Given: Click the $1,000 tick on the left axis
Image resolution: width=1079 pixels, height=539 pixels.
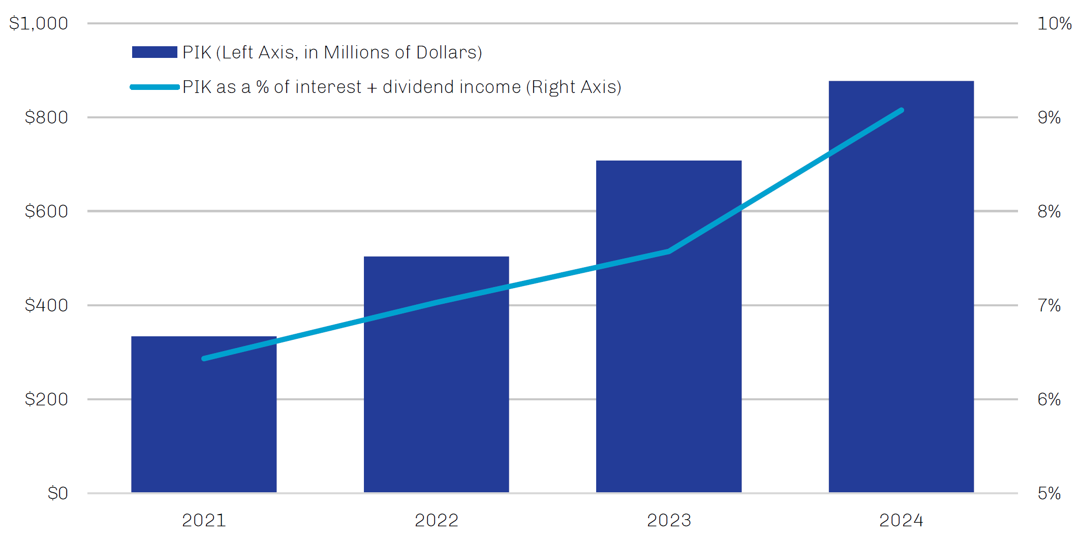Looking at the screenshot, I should tap(39, 23).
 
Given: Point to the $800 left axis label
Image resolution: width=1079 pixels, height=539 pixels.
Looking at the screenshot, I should tap(46, 117).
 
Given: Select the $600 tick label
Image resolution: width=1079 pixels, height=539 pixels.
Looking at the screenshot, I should tap(46, 211).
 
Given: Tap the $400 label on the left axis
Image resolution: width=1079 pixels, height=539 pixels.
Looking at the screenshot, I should tap(46, 305).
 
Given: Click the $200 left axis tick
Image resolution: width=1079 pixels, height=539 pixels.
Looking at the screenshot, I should tap(46, 399).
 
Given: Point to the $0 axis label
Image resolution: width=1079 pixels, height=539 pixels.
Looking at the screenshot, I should tap(57, 493).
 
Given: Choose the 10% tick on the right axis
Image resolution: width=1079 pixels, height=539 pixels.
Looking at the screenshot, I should tap(1054, 23).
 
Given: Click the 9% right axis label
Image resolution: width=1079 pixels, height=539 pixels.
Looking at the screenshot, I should tap(1049, 117).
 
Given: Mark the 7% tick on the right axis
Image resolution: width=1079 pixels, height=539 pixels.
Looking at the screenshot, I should tap(1049, 305).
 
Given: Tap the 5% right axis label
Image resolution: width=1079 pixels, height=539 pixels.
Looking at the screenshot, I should tap(1049, 493).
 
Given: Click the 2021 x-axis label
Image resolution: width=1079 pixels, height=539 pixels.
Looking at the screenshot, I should tap(204, 520).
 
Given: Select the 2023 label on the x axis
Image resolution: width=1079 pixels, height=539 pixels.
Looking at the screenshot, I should tap(669, 520).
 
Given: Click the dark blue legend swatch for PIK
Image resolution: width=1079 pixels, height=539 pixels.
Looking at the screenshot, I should tap(155, 52).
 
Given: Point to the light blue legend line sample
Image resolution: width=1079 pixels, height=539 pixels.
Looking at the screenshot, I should tap(155, 87).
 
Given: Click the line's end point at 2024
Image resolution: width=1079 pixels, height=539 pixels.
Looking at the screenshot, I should tap(901, 110).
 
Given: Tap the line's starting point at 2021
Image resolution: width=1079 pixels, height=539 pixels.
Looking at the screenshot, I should tap(204, 359).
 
